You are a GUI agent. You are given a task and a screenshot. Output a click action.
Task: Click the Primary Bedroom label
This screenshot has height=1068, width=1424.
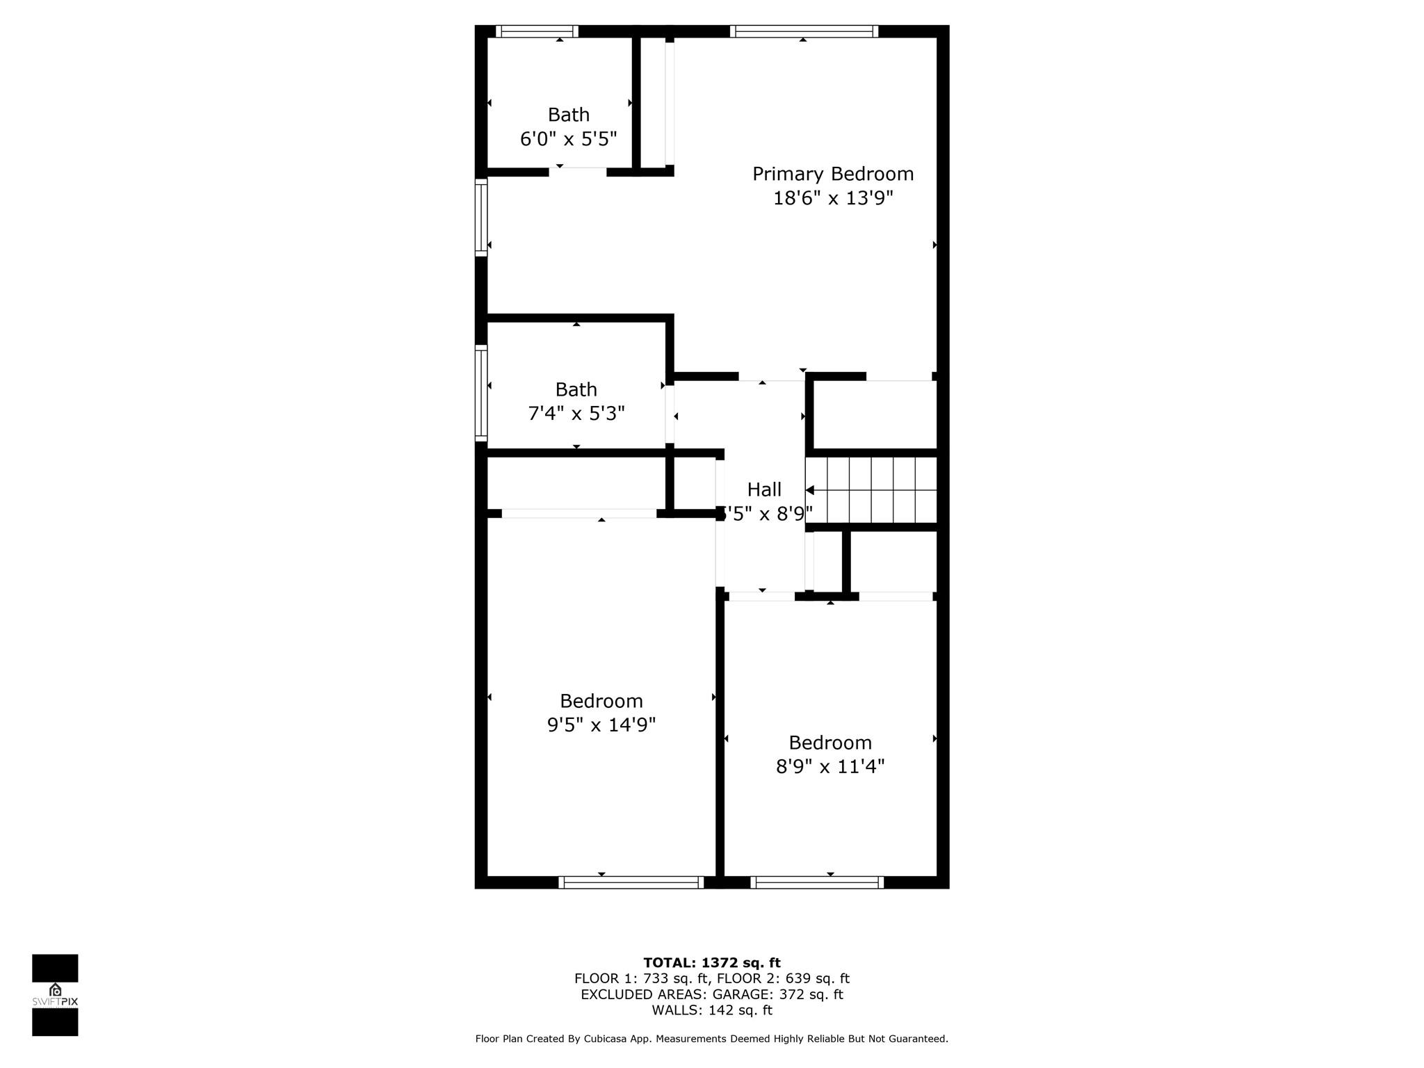click(832, 174)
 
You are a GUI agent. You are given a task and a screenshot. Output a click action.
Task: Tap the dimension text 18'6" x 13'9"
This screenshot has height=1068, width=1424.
click(832, 199)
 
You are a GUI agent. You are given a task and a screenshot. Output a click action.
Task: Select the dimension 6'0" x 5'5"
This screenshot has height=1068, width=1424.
click(568, 139)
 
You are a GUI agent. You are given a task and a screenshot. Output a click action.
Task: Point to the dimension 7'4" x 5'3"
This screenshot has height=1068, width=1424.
click(576, 414)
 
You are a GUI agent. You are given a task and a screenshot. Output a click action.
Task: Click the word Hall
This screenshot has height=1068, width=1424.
click(764, 489)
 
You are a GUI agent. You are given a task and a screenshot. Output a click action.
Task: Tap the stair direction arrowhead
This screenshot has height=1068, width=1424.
click(810, 490)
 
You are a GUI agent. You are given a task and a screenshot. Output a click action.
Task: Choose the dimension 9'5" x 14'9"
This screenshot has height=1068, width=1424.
click(601, 725)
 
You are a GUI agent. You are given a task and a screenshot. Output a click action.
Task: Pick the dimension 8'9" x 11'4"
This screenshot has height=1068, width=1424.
click(830, 766)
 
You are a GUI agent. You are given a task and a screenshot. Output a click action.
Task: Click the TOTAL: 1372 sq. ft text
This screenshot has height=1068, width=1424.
click(711, 962)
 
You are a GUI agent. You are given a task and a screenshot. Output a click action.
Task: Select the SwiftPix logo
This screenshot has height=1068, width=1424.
click(55, 995)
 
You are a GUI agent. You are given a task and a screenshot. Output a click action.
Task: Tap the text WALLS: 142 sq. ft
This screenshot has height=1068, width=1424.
click(711, 1010)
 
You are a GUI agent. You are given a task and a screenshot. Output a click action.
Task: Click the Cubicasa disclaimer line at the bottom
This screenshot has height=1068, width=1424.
click(711, 1039)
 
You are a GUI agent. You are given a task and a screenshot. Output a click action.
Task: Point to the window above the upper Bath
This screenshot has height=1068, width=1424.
click(537, 31)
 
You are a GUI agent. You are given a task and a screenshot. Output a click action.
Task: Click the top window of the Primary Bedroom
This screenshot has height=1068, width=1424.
click(804, 31)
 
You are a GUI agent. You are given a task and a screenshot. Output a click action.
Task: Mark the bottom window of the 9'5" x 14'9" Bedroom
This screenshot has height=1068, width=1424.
click(631, 882)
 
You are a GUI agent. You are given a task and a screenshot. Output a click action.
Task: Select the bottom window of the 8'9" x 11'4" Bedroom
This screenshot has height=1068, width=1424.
click(817, 882)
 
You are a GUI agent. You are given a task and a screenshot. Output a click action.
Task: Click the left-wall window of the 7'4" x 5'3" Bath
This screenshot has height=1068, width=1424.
click(481, 393)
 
